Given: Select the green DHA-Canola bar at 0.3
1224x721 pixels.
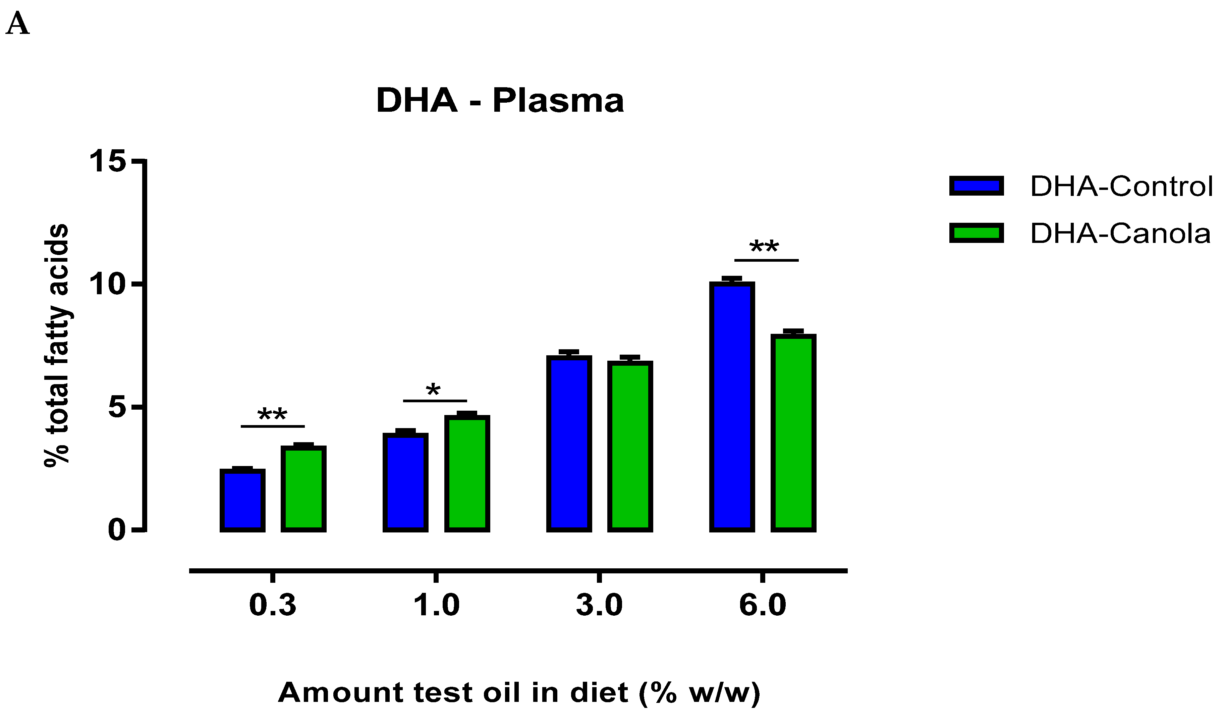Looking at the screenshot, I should click(x=303, y=488).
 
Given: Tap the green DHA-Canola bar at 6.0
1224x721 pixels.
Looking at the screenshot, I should click(x=793, y=433).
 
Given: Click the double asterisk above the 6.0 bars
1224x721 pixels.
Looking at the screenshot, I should click(x=764, y=247).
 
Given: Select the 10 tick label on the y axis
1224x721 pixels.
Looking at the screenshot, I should click(x=107, y=284).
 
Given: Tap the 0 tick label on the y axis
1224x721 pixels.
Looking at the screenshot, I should click(x=117, y=529).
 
